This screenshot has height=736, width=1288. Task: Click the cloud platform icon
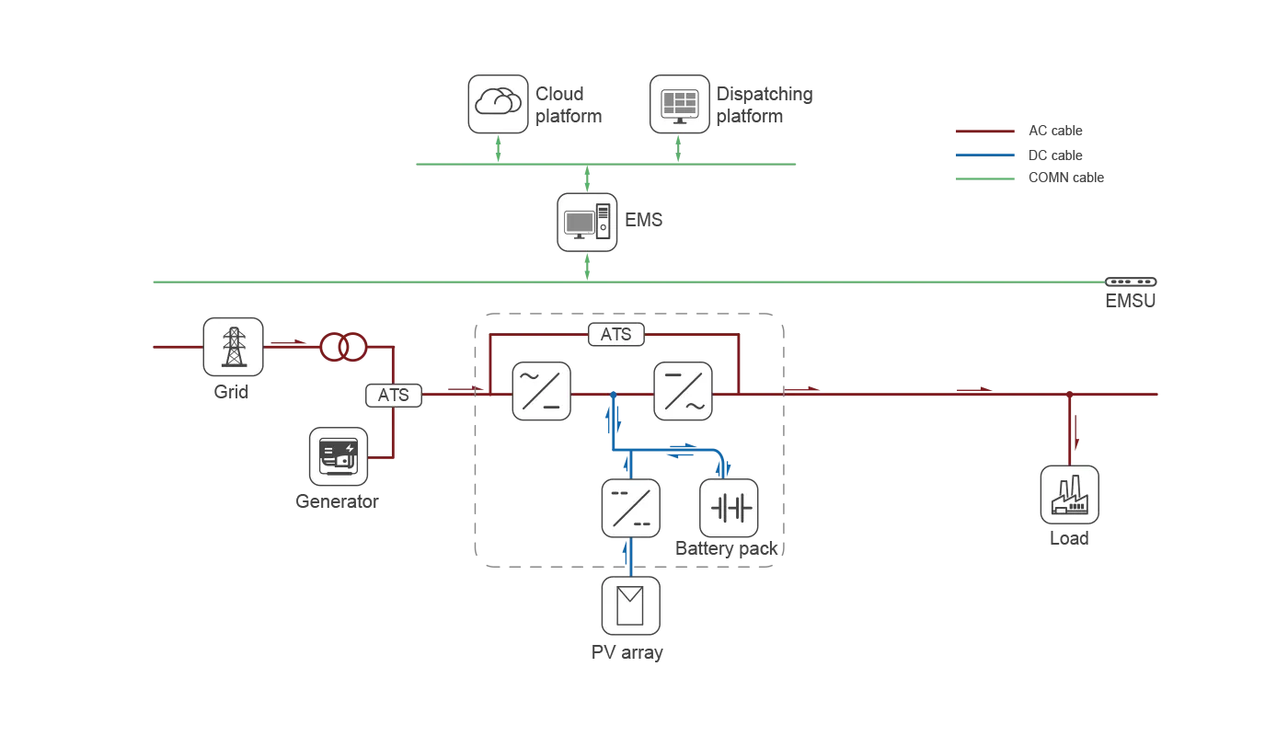coord(498,104)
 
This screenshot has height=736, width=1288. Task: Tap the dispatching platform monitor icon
coord(680,104)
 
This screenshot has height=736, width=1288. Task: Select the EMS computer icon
coord(587,222)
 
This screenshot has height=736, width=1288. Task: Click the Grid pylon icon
coord(234,347)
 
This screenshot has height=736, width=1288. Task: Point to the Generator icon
coord(339,456)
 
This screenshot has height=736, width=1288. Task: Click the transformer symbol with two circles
coord(343,347)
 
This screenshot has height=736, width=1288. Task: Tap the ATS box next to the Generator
coord(394,396)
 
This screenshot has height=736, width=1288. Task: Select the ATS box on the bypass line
coord(616,334)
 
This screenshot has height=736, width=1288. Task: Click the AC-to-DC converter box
coord(542,391)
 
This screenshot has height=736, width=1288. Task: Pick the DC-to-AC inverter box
coord(683,391)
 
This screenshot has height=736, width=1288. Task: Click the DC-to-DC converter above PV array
coord(631,508)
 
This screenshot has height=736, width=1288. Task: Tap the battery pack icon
coord(729,508)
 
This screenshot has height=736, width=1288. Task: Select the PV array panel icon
coord(631,606)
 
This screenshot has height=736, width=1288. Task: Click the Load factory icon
coord(1069,495)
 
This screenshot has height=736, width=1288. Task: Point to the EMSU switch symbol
coord(1131,282)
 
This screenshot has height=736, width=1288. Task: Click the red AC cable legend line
coord(985,131)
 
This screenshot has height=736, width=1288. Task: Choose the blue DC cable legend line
coord(985,155)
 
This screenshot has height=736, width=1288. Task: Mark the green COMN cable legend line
coord(985,178)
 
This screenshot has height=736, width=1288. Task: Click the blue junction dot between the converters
coord(614,395)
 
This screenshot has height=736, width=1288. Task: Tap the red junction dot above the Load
coord(1069,395)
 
